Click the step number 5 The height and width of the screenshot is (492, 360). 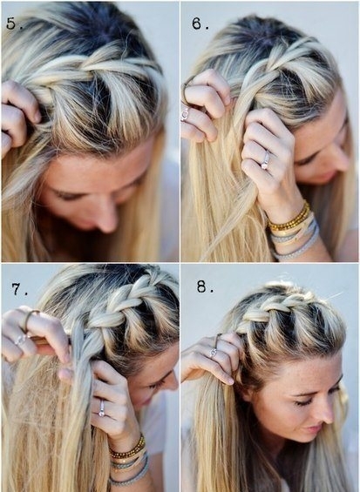pos(14,24)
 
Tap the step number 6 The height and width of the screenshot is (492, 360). pos(200,24)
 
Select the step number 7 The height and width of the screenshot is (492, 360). pos(19,289)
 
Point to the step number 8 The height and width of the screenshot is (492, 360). pos(205,286)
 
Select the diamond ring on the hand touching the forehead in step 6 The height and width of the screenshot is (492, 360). pos(266,160)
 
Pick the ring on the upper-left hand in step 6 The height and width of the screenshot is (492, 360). pos(185,115)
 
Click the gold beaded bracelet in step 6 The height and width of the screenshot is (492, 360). pos(289,217)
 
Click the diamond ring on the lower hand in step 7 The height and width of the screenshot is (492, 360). pos(101,408)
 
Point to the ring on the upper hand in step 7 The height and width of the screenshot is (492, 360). pos(21,339)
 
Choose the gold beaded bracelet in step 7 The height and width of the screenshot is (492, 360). pos(128,447)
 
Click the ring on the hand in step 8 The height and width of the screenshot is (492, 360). pos(214,353)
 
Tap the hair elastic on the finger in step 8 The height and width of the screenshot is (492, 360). pos(217,340)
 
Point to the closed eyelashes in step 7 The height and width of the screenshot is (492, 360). pos(159,383)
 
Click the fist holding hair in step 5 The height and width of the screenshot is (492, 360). pos(18,116)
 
